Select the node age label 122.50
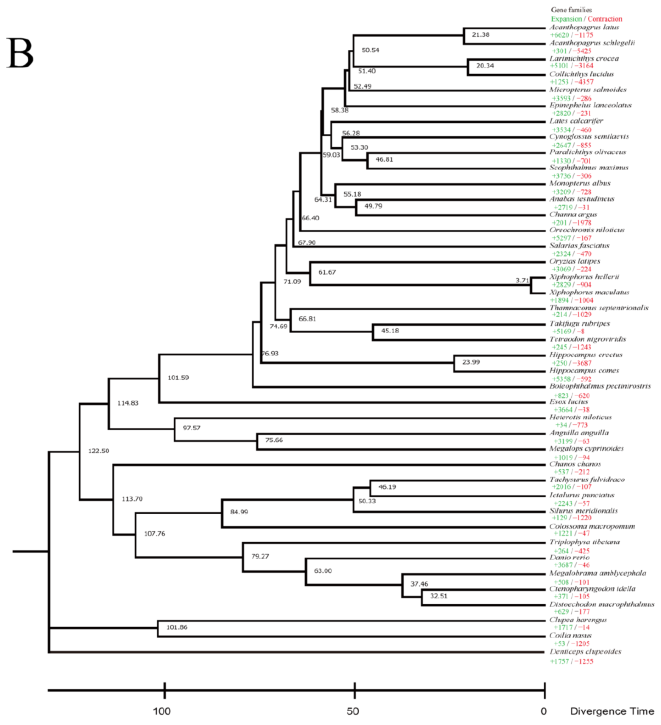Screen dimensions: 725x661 [x=98, y=451]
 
